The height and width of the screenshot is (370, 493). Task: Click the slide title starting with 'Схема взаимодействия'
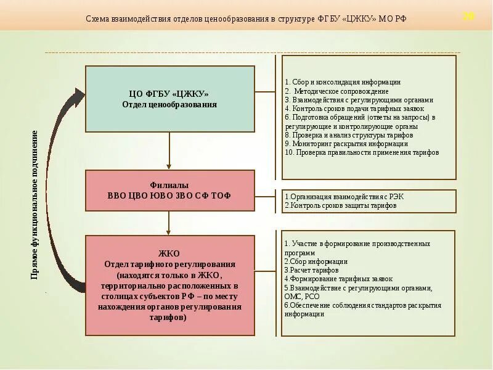pos(246,19)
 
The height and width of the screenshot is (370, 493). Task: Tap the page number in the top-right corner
pos(468,16)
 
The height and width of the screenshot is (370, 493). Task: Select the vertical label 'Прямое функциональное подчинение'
pos(35,203)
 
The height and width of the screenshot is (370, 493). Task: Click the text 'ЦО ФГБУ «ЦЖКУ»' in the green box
pos(169,94)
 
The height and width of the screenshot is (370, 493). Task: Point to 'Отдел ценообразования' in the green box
pos(169,104)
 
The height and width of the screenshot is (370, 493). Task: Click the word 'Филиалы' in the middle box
pos(169,185)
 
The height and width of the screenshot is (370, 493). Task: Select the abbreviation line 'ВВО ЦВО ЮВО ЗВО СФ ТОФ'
pos(169,195)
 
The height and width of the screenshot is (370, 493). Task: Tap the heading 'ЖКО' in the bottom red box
pos(169,253)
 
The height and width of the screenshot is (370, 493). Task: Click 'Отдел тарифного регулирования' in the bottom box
pos(169,264)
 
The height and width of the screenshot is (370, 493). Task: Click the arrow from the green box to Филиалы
pos(169,151)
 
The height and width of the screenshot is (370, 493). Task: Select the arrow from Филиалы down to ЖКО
pos(169,222)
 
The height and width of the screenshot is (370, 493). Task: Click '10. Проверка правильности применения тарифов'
pos(362,152)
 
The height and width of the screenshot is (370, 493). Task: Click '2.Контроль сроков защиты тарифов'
pos(340,205)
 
